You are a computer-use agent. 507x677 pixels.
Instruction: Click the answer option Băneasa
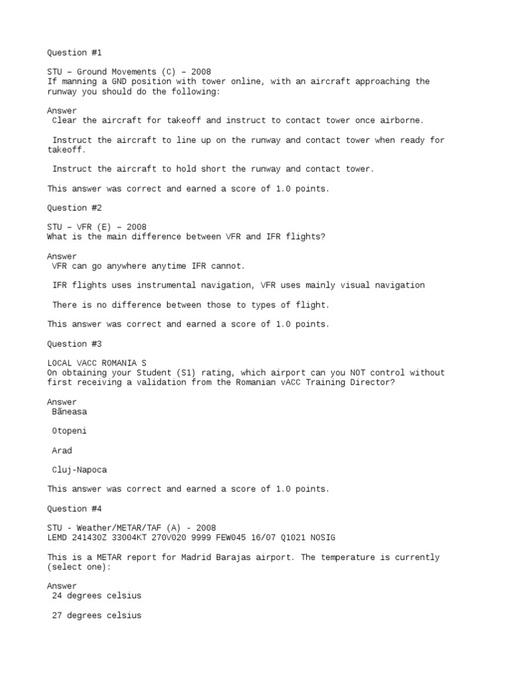tap(69, 411)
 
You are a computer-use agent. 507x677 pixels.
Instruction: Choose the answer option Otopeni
tap(69, 431)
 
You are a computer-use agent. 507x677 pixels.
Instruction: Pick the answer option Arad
tap(62, 450)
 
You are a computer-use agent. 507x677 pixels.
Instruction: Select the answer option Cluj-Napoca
tap(79, 470)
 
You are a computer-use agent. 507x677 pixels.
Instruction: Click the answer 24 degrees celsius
tap(96, 596)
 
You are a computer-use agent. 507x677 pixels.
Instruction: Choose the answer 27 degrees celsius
tap(96, 616)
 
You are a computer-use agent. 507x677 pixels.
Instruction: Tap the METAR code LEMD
tap(57, 538)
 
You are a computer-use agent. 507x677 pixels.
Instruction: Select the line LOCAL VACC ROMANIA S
tap(96, 363)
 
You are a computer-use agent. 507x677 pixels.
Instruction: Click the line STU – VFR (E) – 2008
tap(96, 227)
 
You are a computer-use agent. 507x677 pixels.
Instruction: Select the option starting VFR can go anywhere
tap(149, 266)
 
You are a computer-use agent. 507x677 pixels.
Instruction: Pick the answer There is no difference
tap(190, 305)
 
